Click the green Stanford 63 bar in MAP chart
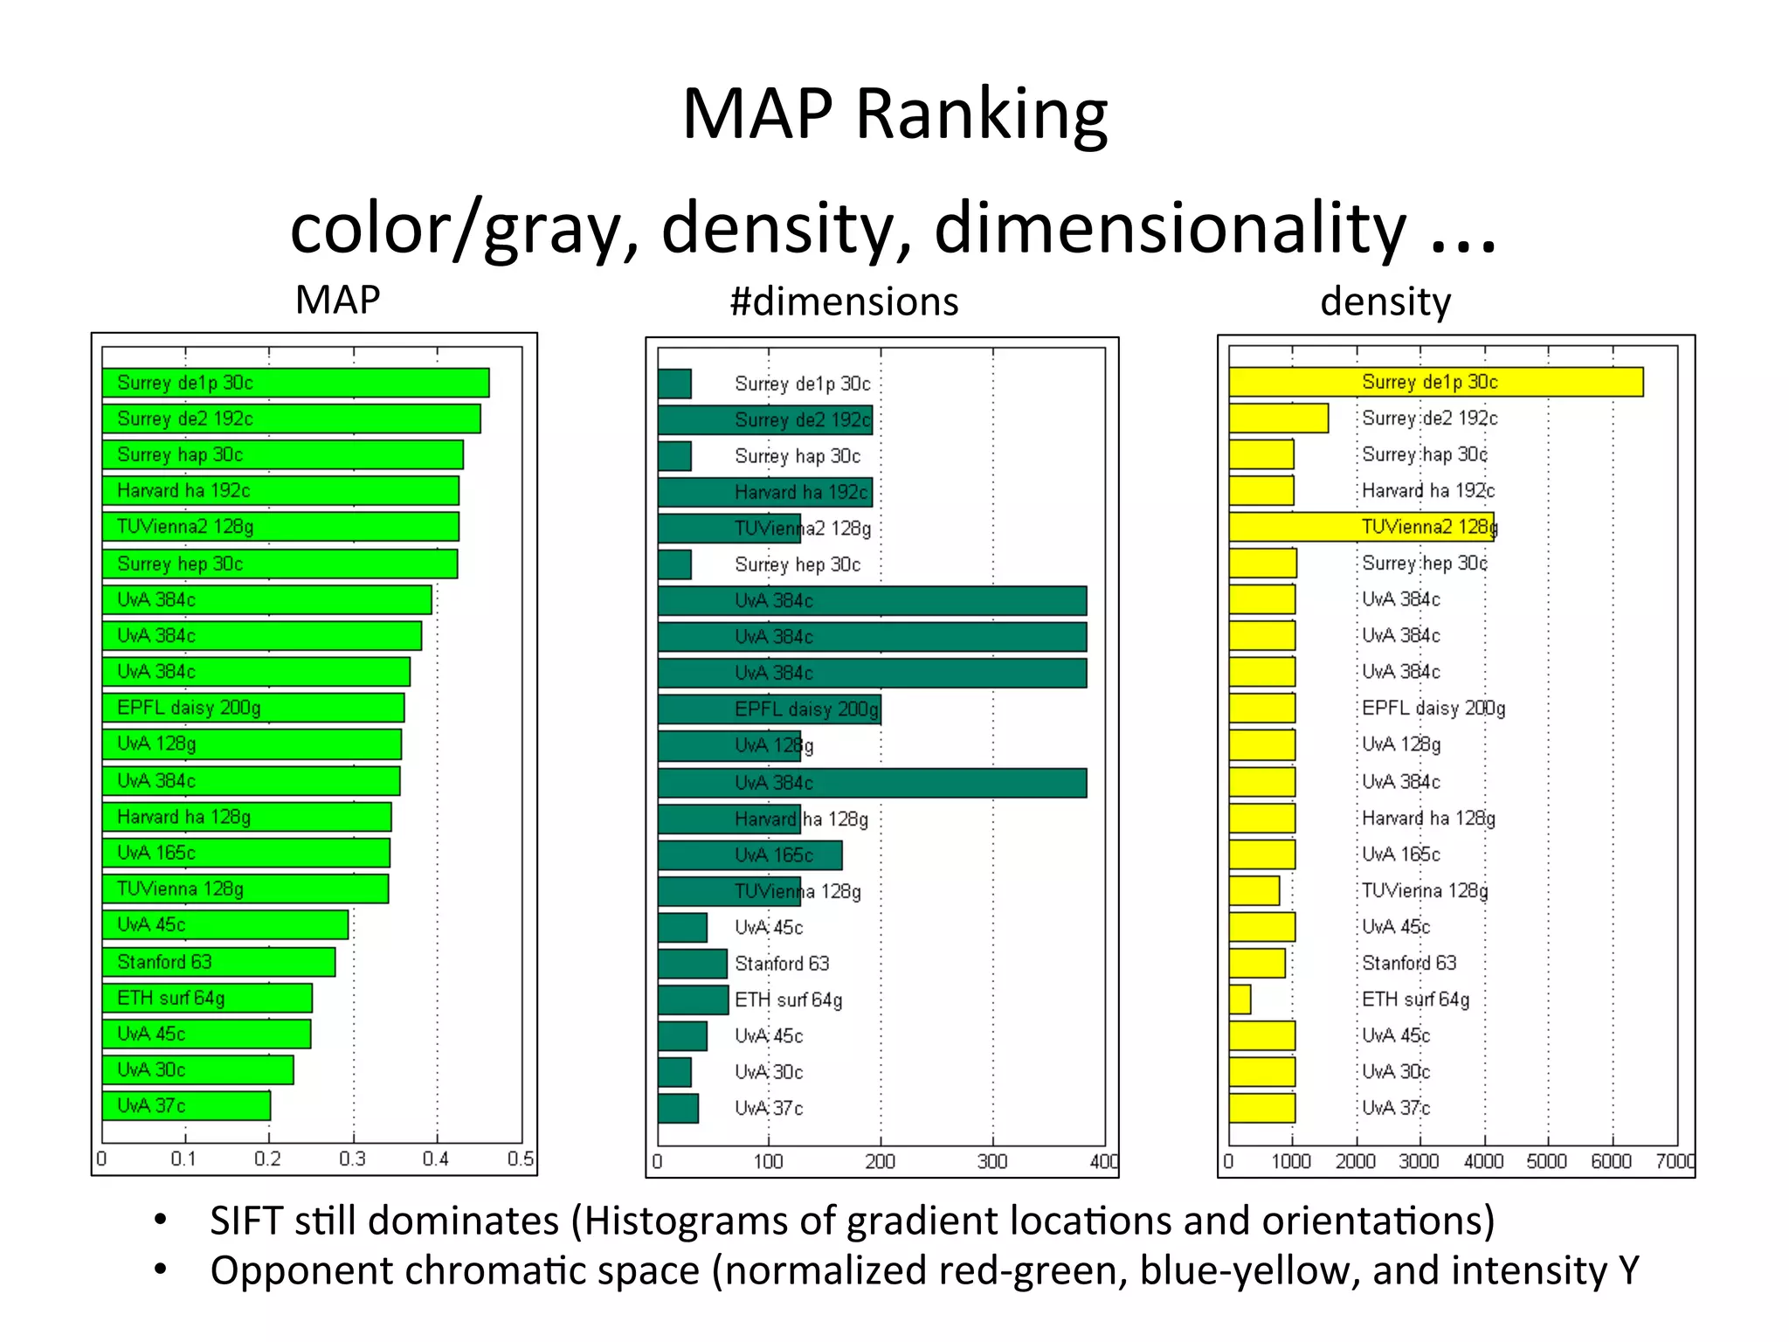tap(218, 962)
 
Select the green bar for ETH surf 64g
tap(207, 998)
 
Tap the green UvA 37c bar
tap(186, 1106)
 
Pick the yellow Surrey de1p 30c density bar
tap(1435, 382)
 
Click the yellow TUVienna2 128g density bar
tap(1360, 527)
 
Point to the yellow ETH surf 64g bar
tap(1240, 1000)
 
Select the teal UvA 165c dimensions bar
tap(749, 855)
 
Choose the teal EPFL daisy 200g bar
tap(769, 709)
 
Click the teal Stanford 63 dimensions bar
tap(692, 964)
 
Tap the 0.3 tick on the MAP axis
tap(352, 1159)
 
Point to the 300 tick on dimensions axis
tap(992, 1162)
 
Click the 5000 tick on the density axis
tap(1547, 1161)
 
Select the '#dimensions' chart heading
tap(844, 302)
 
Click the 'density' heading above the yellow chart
tap(1385, 302)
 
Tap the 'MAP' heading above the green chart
tap(337, 301)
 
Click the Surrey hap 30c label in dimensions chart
tap(797, 456)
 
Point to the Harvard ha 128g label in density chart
tap(1428, 819)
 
